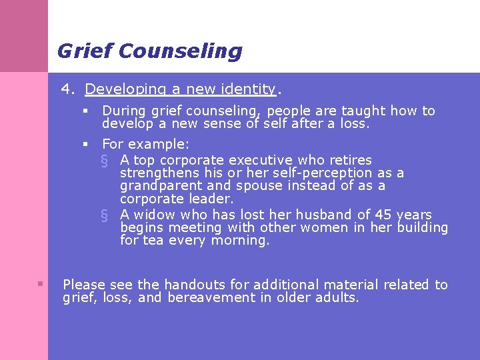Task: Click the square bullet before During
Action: [x=86, y=111]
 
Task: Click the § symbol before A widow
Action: [x=103, y=215]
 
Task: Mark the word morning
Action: [x=240, y=241]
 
